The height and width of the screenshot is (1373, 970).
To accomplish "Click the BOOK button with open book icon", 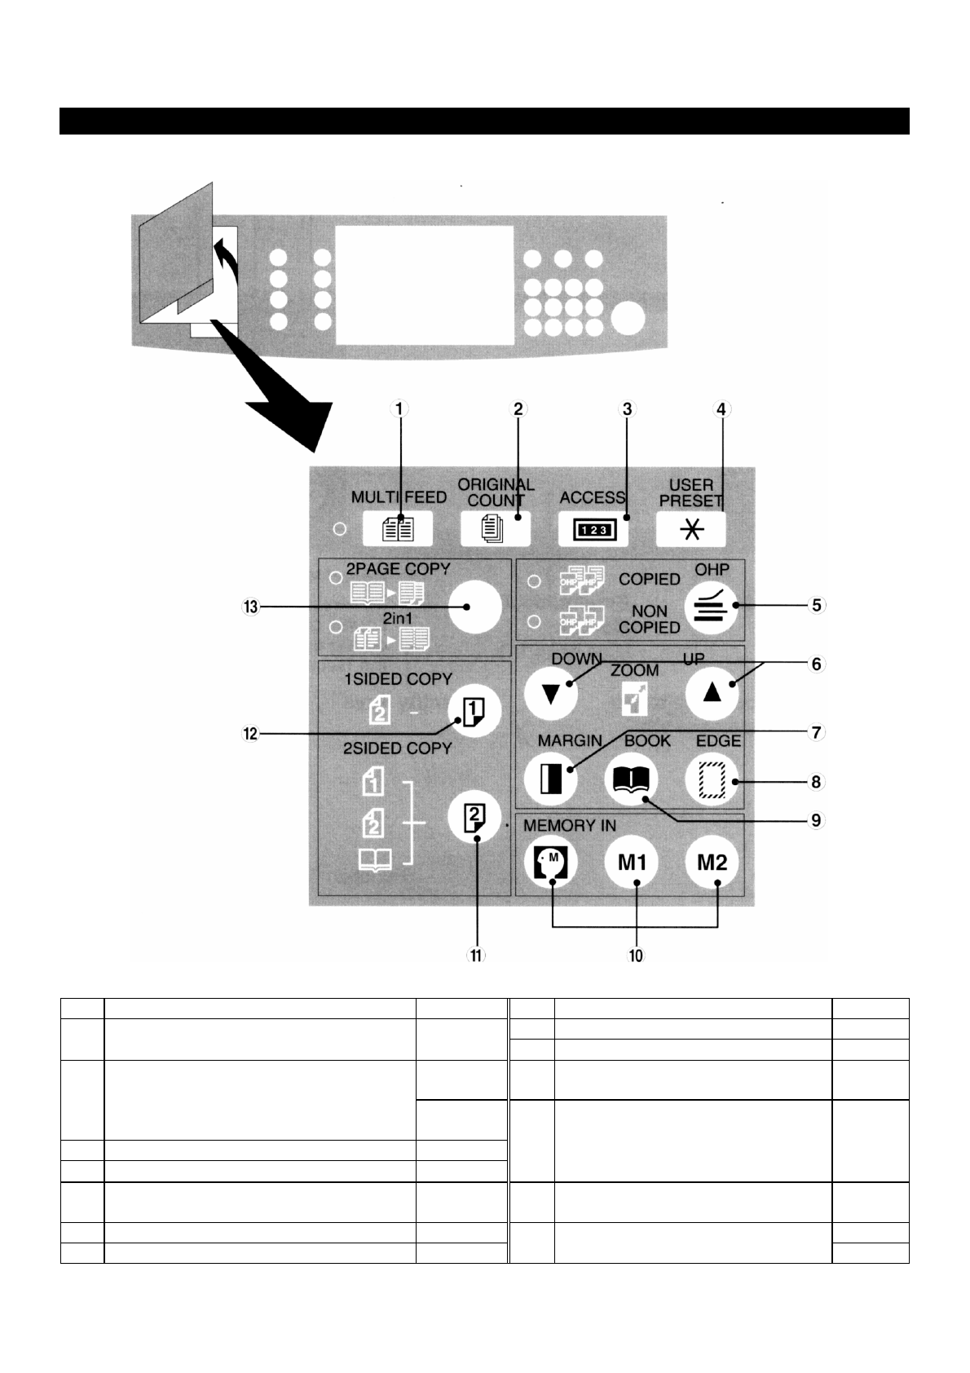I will [x=631, y=779].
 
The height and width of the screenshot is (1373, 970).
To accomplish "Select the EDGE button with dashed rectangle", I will [x=711, y=779].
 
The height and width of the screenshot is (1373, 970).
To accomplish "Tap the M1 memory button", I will [x=631, y=862].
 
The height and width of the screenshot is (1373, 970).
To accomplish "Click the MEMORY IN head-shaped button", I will [x=551, y=862].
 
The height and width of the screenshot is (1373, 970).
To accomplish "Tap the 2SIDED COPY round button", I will [x=474, y=816].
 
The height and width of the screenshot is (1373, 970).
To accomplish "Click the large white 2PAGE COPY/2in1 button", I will [x=474, y=607].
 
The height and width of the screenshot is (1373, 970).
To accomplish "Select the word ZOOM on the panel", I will [x=634, y=670].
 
